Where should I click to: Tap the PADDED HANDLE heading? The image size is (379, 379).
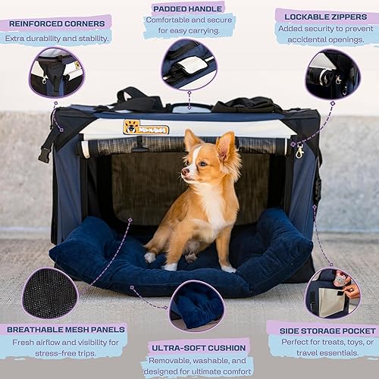pos(189,8)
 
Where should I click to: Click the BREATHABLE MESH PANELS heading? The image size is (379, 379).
pos(63,329)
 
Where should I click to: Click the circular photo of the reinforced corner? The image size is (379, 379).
pos(56,73)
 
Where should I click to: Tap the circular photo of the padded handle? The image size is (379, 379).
pos(189,65)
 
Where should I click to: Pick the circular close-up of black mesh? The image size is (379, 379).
pos(50,293)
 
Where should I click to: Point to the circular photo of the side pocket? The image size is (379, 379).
pos(332,293)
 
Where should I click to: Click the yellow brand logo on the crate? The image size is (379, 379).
pos(146,127)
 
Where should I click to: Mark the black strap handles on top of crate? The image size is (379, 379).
pos(136,99)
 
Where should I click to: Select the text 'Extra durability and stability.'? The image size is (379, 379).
pos(57,38)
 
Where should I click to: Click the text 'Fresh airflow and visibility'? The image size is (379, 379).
pos(64,344)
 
